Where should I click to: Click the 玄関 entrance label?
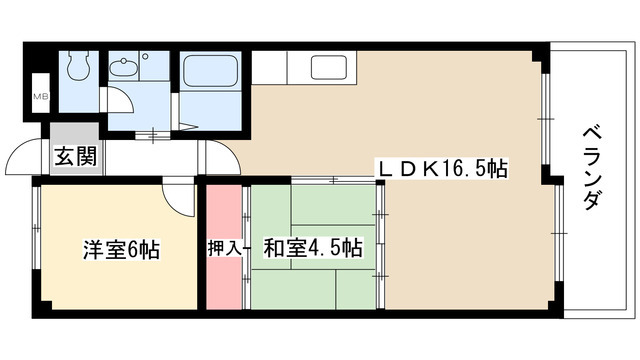(x=75, y=158)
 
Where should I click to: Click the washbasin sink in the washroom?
(x=126, y=69)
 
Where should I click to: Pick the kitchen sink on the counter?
(x=329, y=68)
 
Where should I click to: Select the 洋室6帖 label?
(x=120, y=249)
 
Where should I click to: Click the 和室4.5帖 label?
(x=312, y=247)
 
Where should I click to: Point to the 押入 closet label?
(x=224, y=248)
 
